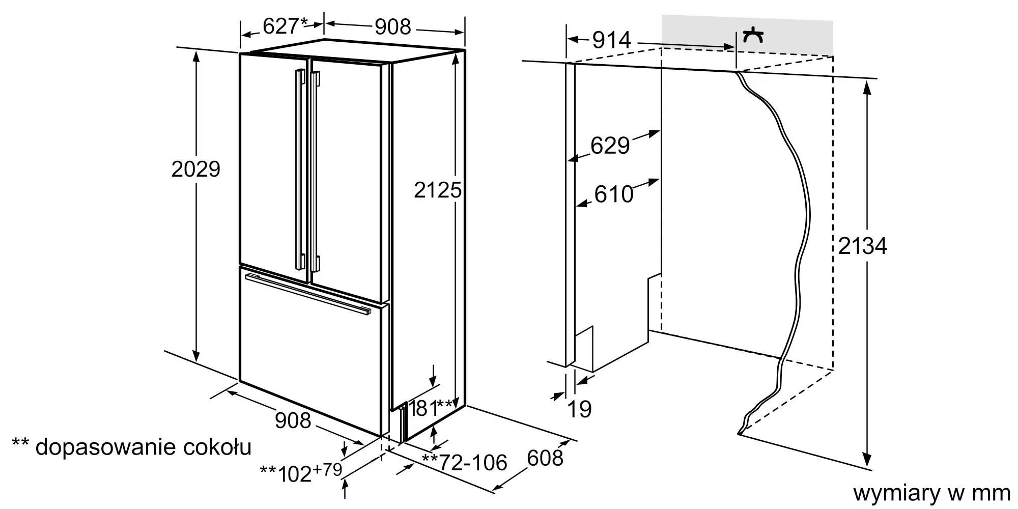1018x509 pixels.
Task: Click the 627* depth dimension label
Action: coord(286,26)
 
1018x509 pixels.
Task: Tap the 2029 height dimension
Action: coord(196,169)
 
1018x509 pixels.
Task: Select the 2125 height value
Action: coord(438,190)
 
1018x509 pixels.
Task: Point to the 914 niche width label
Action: coord(612,40)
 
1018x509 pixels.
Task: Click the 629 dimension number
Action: coord(610,146)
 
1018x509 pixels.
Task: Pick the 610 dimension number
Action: coord(614,194)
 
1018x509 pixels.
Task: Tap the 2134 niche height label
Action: coord(862,246)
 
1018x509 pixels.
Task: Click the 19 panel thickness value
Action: coord(580,409)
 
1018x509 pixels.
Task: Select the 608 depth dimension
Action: coord(545,458)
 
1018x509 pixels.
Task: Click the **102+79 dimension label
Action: coord(301,472)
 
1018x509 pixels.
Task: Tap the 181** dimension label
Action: coord(431,408)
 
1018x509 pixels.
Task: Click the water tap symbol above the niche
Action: coord(753,36)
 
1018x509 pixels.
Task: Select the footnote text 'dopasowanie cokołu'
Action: coord(144,447)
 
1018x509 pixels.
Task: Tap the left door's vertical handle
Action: coord(299,170)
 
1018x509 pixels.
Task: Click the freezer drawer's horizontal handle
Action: coord(308,295)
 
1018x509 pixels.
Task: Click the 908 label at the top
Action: coord(392,27)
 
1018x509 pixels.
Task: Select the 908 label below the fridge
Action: coord(293,420)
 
